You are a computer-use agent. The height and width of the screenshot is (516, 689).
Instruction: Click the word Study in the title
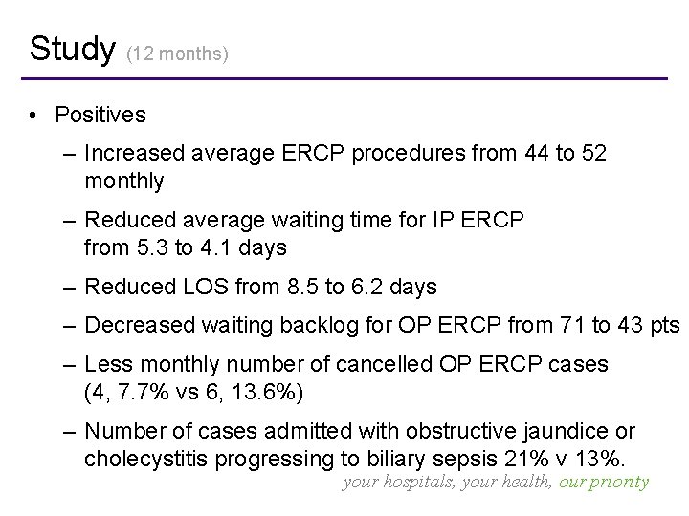[x=72, y=48]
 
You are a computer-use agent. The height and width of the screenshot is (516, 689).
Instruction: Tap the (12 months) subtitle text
[x=178, y=54]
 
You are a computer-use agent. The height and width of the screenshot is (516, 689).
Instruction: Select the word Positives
[x=100, y=116]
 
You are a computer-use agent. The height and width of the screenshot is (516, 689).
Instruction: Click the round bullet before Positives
[x=33, y=117]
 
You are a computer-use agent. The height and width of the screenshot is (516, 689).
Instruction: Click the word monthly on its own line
[x=123, y=180]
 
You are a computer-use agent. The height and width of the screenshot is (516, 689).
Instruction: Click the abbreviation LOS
[x=186, y=287]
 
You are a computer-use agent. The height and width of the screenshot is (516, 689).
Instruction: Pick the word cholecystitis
[x=144, y=458]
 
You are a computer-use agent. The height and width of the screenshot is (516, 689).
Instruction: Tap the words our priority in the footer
[x=604, y=483]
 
